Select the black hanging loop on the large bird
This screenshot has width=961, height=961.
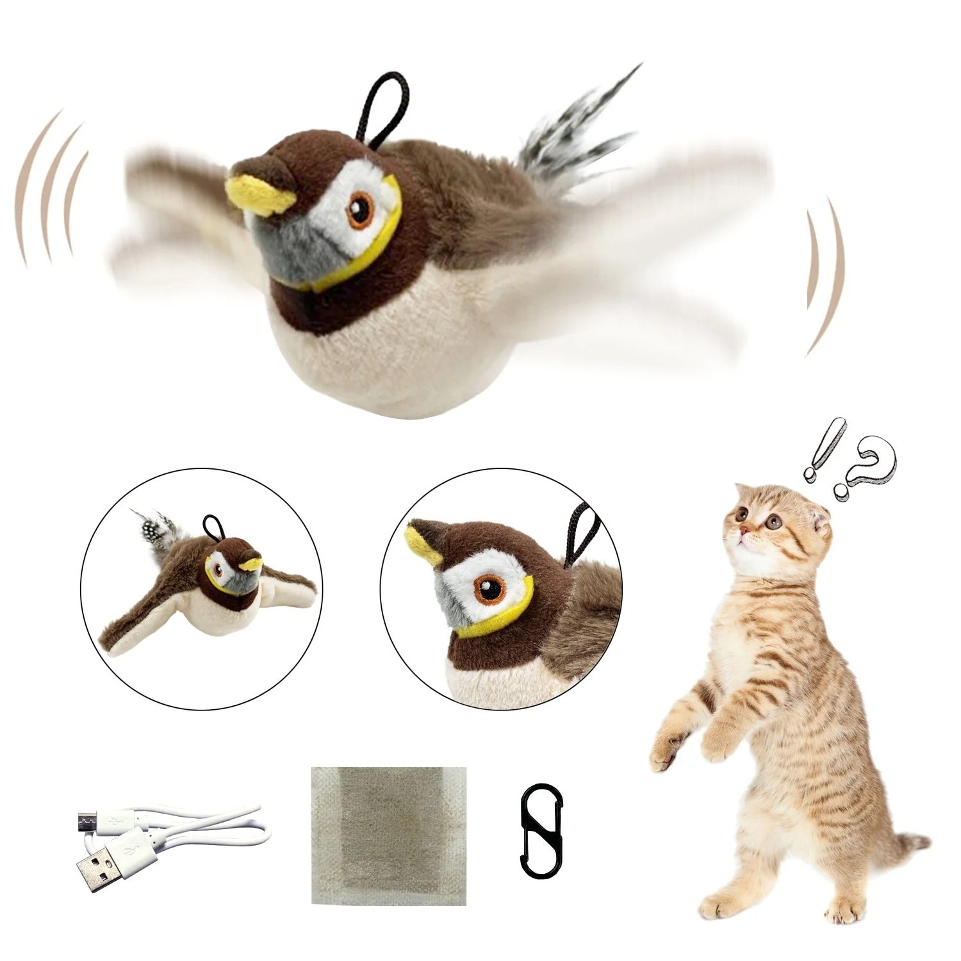pos(382,110)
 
